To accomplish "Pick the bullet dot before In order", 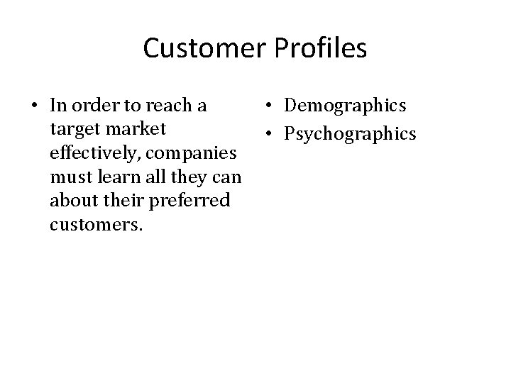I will tap(34, 106).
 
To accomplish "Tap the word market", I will tap(132, 130).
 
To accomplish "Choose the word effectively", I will tap(90, 153).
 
